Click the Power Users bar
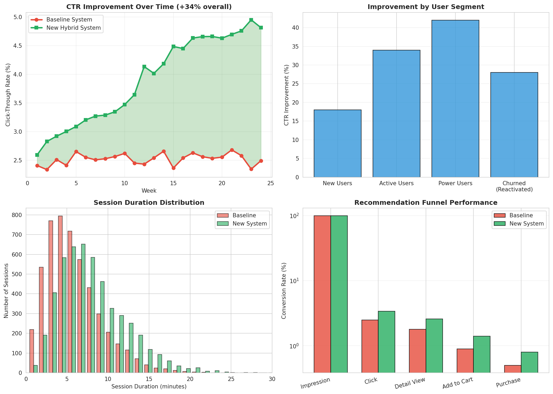click(x=455, y=99)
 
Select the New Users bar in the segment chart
click(x=337, y=144)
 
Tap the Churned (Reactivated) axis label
click(x=514, y=186)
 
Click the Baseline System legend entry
click(x=69, y=20)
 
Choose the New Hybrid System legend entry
click(x=73, y=28)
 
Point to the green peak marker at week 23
click(x=251, y=20)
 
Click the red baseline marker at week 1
click(x=37, y=166)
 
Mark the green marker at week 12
click(x=144, y=67)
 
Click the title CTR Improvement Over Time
click(x=149, y=7)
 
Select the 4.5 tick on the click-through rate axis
click(x=17, y=46)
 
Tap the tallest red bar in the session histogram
click(x=60, y=294)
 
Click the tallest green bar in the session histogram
click(x=83, y=308)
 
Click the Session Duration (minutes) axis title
click(x=149, y=387)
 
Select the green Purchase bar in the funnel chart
click(x=529, y=362)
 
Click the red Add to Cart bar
click(x=465, y=361)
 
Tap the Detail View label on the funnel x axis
click(x=410, y=383)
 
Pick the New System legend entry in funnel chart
click(x=526, y=224)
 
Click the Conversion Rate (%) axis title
click(x=284, y=291)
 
